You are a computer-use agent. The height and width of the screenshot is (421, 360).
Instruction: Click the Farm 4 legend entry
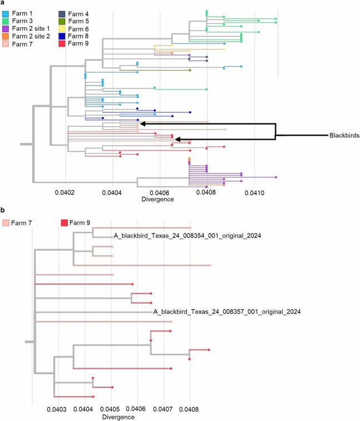[x=70, y=12]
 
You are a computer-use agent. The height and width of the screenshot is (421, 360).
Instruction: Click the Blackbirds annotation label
[x=344, y=135]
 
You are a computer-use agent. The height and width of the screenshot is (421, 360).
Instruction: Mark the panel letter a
[x=3, y=3]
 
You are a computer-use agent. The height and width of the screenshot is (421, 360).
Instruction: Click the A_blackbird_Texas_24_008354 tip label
[x=188, y=236]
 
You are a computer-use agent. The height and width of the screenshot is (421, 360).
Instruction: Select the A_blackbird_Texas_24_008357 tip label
[x=227, y=313]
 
